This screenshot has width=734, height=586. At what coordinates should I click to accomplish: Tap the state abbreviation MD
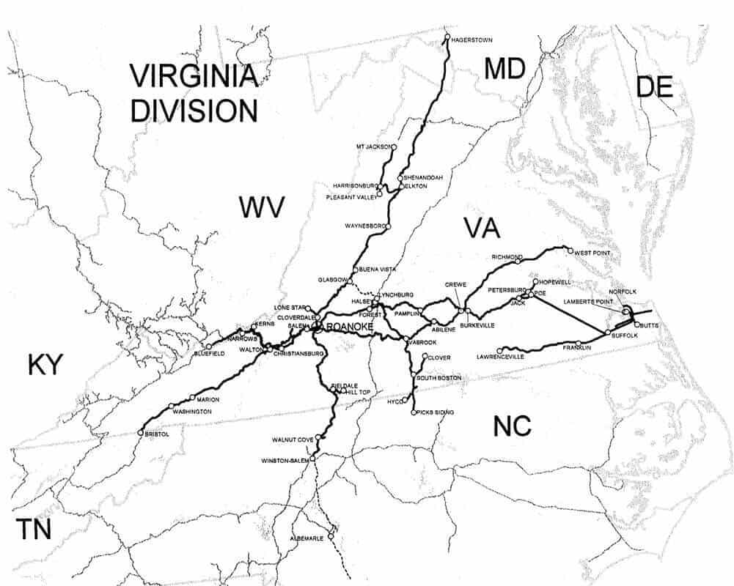[505, 69]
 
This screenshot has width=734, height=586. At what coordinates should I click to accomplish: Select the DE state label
[654, 86]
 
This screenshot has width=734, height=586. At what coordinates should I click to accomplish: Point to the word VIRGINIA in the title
[194, 75]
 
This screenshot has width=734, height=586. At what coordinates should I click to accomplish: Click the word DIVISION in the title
[194, 110]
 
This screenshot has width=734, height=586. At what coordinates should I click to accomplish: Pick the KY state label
[47, 364]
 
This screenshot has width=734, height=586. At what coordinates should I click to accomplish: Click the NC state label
[512, 426]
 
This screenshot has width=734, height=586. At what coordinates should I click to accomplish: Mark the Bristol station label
[158, 434]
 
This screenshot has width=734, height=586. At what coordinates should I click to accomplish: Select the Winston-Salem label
[284, 460]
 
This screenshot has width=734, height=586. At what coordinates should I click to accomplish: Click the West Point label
[592, 253]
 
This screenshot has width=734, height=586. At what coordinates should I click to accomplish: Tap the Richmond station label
[506, 256]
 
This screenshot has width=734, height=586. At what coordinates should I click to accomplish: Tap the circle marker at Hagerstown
[447, 37]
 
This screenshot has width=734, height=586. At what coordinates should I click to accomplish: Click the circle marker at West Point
[570, 251]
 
